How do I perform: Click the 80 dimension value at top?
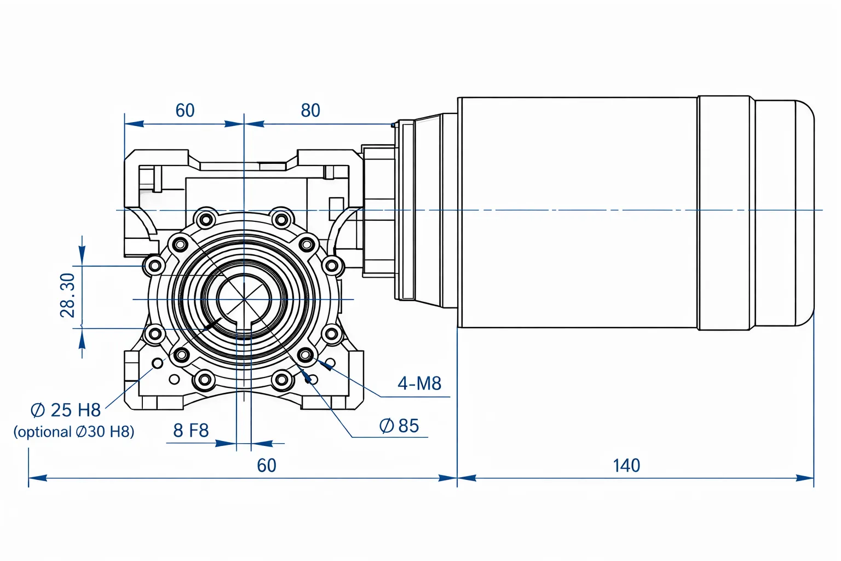point(310,111)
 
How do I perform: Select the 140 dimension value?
point(626,466)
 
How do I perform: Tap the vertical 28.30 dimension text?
point(68,296)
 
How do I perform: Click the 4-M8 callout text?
point(419,383)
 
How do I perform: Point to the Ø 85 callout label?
point(399,426)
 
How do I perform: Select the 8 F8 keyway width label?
point(191,431)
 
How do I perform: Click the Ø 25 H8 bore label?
point(66,410)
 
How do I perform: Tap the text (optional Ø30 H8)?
point(73,432)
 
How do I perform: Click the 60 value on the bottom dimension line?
point(267,466)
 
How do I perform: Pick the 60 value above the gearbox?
point(185,111)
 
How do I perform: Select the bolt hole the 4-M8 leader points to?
point(306,354)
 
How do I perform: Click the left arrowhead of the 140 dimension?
point(466,478)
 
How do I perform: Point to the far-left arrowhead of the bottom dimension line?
point(38,478)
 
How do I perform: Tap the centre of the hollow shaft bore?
point(244,299)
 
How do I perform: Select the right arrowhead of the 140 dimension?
point(804,478)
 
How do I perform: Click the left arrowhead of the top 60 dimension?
point(134,124)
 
